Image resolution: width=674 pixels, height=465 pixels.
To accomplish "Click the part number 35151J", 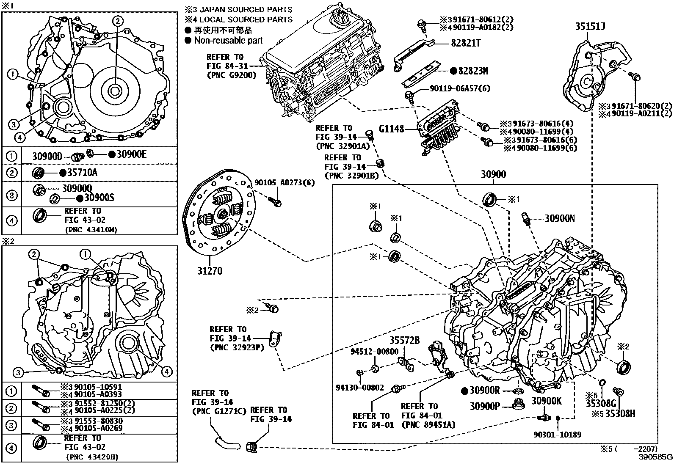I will tap(590, 27).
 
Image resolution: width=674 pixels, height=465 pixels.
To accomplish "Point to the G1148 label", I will tap(392, 129).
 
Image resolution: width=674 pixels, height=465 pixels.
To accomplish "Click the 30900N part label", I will tap(559, 218).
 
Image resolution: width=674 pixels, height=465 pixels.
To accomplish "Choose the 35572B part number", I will tap(404, 340).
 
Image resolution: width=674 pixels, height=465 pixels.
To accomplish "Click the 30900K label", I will tap(546, 401).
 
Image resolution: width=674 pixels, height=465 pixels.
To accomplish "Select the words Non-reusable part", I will tap(228, 41).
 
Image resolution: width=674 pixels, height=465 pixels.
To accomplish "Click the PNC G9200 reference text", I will tap(231, 75).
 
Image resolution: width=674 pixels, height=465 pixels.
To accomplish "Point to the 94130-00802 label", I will tap(360, 387).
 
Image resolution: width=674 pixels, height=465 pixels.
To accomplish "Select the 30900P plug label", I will tap(485, 406).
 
